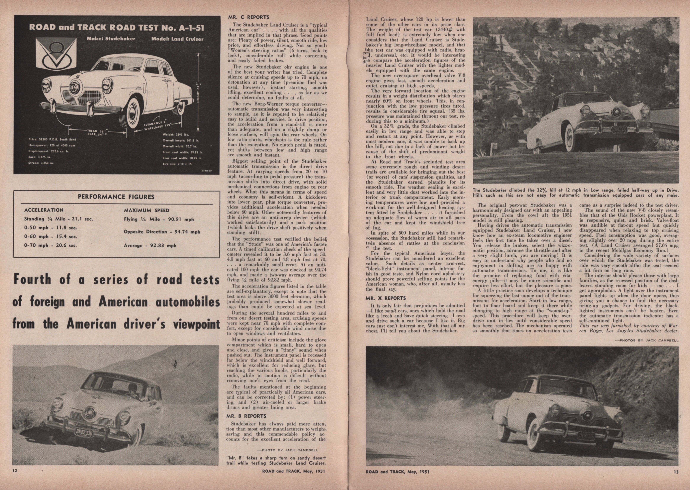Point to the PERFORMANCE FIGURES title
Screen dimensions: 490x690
(x=116, y=197)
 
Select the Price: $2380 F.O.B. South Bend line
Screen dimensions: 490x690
(x=52, y=140)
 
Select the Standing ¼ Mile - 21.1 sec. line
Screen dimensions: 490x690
(x=59, y=219)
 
